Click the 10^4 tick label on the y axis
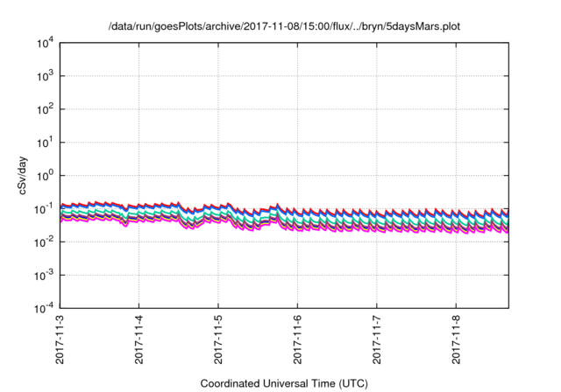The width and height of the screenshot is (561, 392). [x=44, y=43]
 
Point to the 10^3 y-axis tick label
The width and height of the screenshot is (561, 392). [x=44, y=76]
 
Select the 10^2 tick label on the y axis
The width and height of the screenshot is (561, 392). [x=44, y=109]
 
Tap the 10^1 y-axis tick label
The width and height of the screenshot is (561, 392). [x=44, y=142]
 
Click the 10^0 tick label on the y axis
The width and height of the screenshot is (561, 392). [x=44, y=175]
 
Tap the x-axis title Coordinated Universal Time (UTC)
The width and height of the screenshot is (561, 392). [x=283, y=383]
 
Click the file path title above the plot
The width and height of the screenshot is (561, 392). [x=283, y=26]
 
